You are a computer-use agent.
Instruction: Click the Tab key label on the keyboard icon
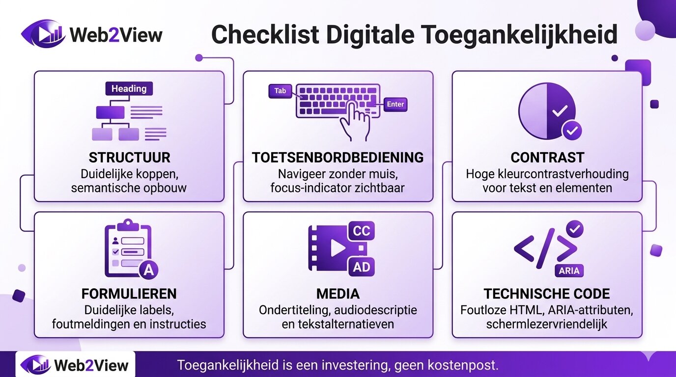280,91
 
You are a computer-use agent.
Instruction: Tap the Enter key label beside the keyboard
395,104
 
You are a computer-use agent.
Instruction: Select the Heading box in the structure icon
129,89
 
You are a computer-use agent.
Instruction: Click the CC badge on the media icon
362,231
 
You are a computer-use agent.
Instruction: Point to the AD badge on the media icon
362,268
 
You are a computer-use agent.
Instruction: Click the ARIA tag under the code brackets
569,270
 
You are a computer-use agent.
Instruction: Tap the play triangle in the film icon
338,248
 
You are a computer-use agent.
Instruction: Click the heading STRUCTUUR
130,158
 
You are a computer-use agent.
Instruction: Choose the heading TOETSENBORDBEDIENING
338,158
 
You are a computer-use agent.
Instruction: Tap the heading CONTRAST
547,158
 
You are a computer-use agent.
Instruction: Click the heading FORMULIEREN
129,294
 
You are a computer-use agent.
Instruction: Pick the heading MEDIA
338,294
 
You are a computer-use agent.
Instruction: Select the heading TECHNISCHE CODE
547,294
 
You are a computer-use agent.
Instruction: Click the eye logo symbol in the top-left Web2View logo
43,34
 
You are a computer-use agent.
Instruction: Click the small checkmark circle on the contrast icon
572,131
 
